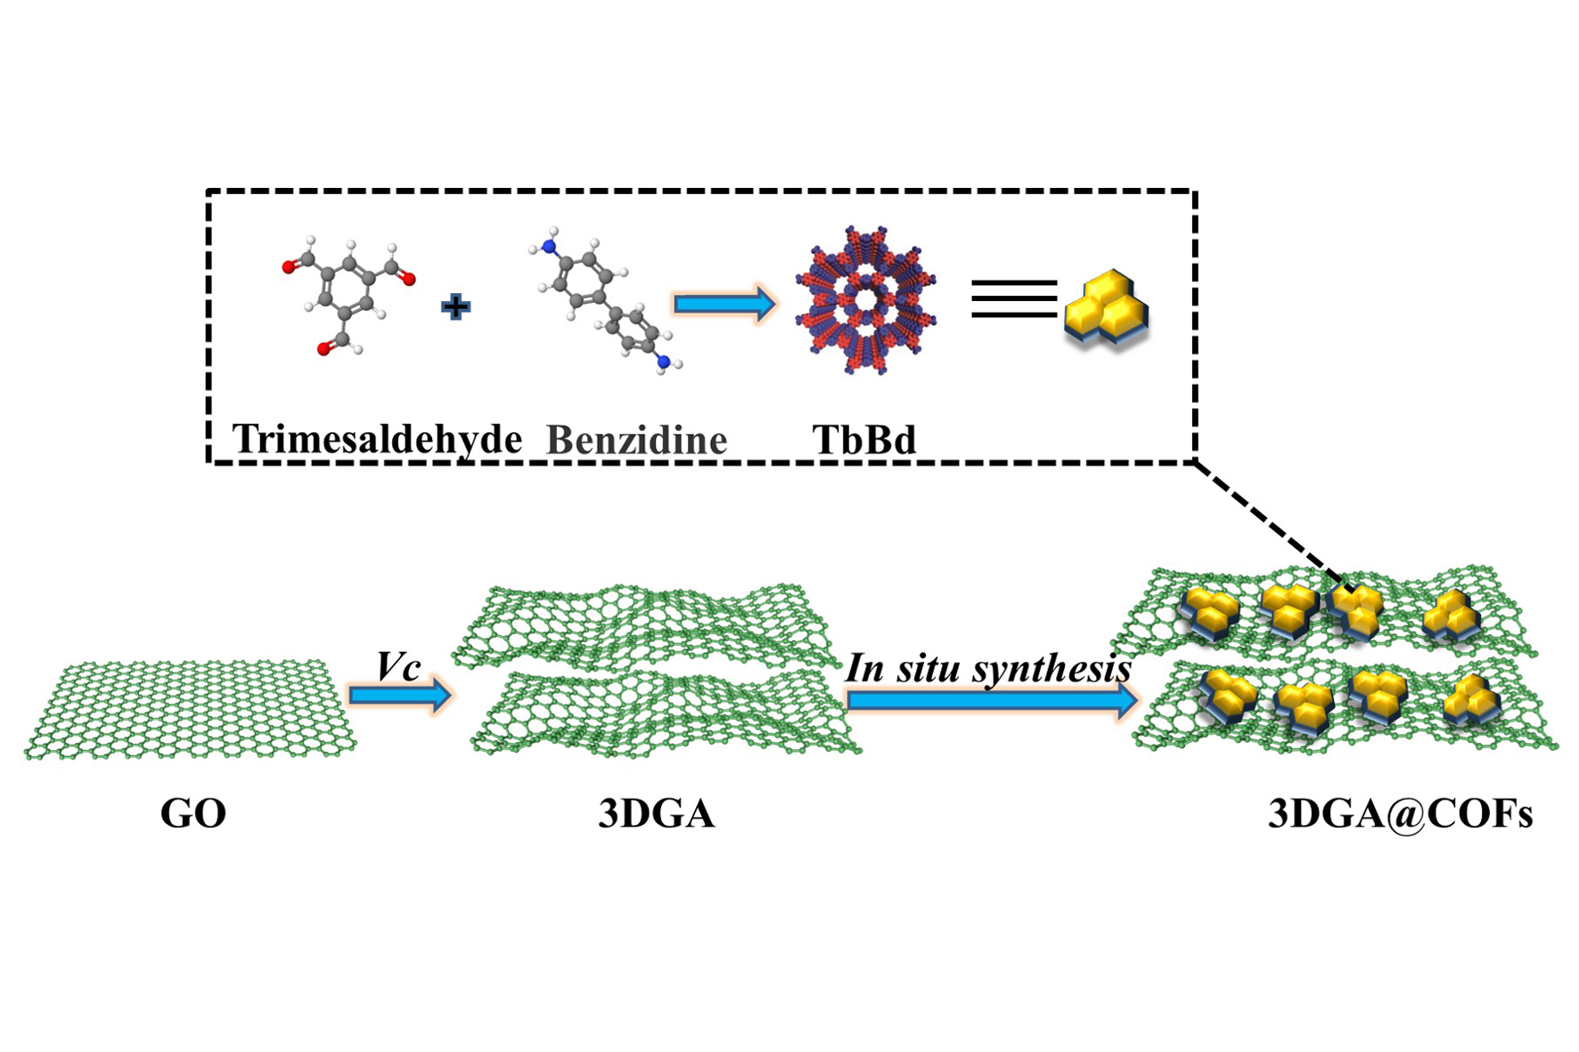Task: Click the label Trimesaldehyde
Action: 377,439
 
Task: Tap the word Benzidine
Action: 636,440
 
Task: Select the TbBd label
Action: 863,440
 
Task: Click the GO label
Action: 192,813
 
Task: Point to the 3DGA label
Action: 656,813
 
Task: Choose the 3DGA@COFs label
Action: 1400,813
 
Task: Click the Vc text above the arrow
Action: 397,666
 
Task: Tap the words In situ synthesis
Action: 987,668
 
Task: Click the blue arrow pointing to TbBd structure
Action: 724,305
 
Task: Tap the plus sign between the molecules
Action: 455,307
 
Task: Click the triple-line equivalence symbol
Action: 1013,298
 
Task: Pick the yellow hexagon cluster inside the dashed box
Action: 1107,307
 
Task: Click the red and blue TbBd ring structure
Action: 865,300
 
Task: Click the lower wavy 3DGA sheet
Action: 664,713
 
